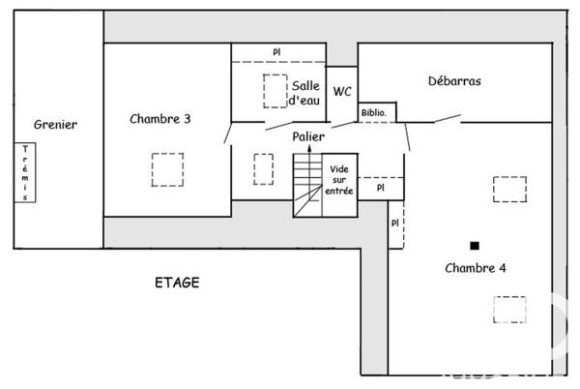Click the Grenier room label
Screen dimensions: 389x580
[x=55, y=124]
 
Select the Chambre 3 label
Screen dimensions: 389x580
[x=159, y=119]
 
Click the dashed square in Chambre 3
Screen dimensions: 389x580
[x=166, y=169]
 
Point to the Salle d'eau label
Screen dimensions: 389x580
[x=305, y=93]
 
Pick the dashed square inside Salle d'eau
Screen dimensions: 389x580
[x=275, y=90]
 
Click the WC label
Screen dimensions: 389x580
[x=342, y=92]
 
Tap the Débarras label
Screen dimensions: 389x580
[x=454, y=81]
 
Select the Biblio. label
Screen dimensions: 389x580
[x=374, y=113]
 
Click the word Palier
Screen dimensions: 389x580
[x=308, y=136]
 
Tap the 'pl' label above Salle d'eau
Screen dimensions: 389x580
[x=276, y=52]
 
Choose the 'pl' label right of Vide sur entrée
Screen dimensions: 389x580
[x=380, y=188]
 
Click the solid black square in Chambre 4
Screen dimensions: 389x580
[x=474, y=245]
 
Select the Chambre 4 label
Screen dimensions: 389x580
[x=476, y=267]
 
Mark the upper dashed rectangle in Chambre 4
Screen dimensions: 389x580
[x=509, y=189]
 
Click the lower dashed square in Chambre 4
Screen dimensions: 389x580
[x=508, y=309]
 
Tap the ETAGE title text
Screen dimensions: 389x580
[x=177, y=283]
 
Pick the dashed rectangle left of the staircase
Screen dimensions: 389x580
[x=263, y=168]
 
